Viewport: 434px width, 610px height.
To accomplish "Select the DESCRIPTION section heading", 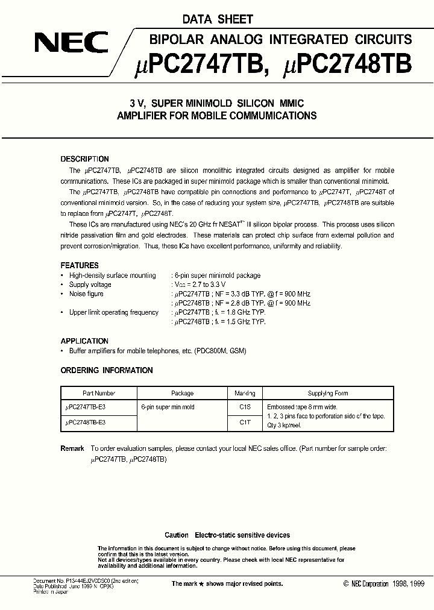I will point(84,159).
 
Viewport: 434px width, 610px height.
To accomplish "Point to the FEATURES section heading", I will point(80,265).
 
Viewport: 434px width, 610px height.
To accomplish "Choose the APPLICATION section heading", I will point(84,341).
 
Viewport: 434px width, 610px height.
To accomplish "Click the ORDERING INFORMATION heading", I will point(107,370).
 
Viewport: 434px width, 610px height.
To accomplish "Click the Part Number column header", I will point(99,393).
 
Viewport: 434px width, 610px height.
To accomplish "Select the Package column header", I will point(182,393).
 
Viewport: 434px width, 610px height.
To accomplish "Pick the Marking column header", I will point(245,393).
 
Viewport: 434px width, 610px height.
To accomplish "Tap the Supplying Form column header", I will point(328,393).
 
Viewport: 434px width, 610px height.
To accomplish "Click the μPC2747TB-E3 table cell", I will point(86,407).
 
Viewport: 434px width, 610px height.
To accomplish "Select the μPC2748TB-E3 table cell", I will point(86,423).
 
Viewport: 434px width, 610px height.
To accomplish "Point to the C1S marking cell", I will point(245,407).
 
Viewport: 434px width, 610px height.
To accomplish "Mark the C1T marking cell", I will point(245,423).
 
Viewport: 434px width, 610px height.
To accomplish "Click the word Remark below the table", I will point(72,448).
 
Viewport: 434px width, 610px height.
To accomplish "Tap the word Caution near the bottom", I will point(177,535).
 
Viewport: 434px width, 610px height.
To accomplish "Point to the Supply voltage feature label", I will point(90,285).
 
